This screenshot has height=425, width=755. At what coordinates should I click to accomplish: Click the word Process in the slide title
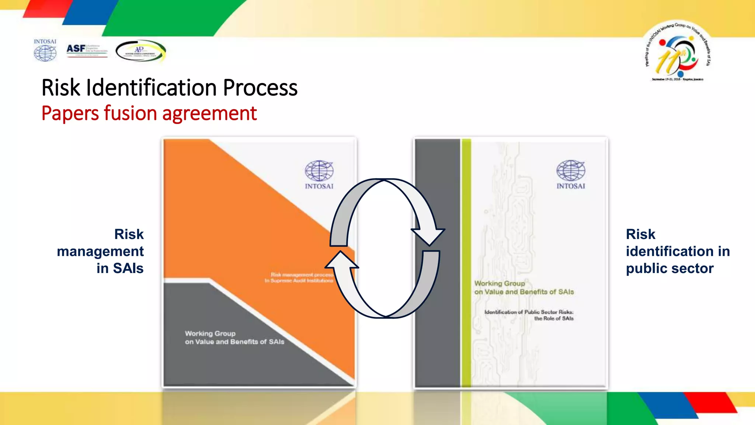(x=260, y=88)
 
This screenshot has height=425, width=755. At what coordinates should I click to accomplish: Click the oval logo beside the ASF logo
(x=140, y=51)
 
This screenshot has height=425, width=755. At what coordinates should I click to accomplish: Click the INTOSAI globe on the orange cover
(x=319, y=171)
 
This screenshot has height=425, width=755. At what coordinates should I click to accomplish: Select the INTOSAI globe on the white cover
(x=571, y=170)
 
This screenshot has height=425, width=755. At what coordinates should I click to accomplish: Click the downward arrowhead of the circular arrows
(x=428, y=236)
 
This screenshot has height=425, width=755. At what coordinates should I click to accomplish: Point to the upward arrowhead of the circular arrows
(x=341, y=260)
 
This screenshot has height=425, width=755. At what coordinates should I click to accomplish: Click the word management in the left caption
(x=100, y=251)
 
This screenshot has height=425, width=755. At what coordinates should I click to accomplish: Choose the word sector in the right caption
(x=695, y=268)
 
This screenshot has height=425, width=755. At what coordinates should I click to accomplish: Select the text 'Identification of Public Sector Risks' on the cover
(x=529, y=312)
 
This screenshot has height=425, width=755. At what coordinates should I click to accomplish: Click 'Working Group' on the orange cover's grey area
(x=210, y=334)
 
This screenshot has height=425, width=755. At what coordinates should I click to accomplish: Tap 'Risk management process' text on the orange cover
(x=302, y=274)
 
